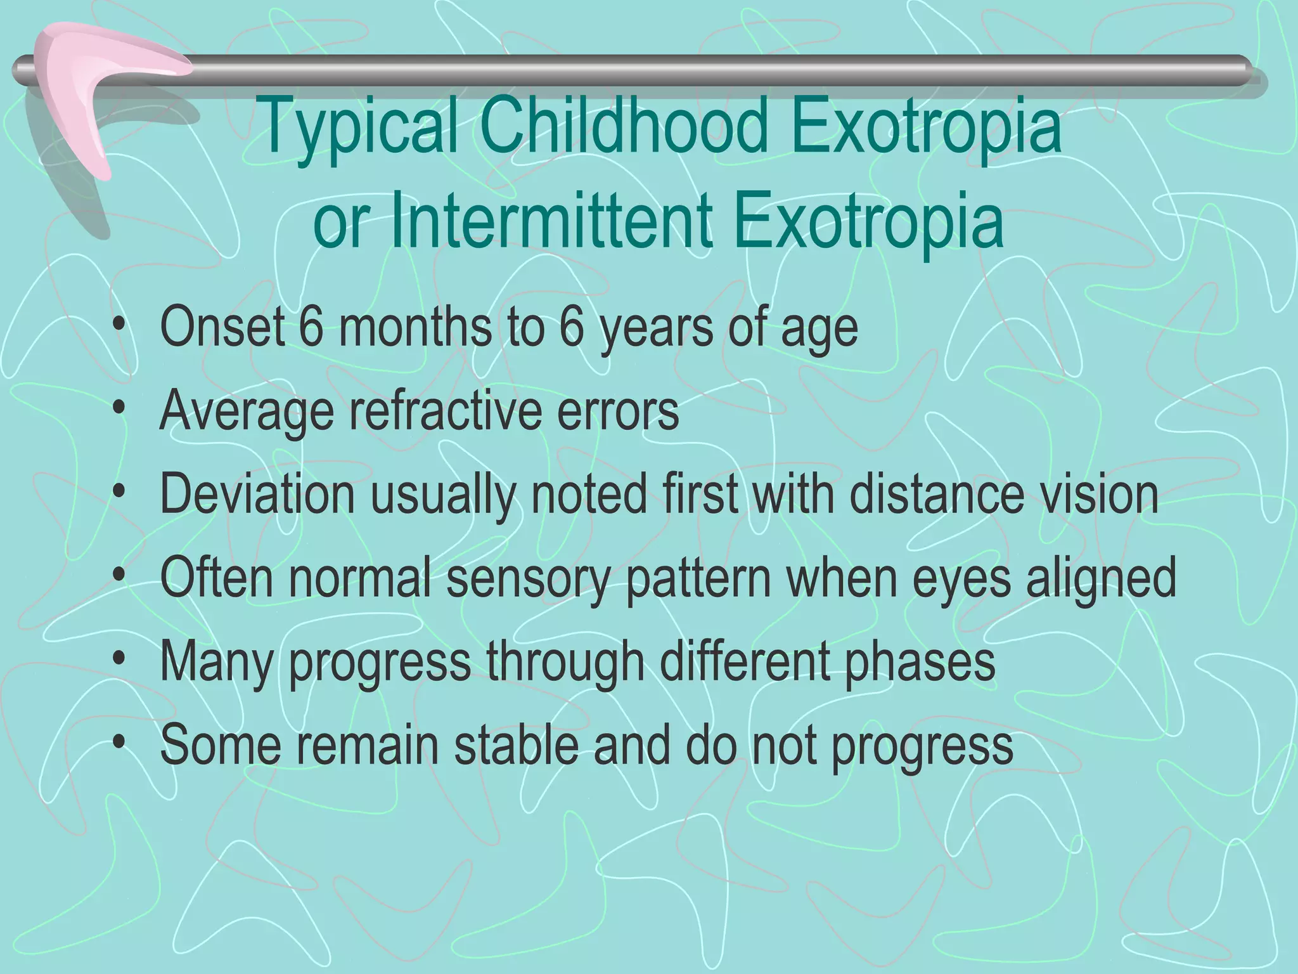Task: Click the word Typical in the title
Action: click(358, 127)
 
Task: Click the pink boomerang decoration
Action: click(95, 89)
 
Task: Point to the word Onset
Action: click(222, 327)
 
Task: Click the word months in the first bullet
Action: click(414, 327)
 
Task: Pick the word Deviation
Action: click(257, 494)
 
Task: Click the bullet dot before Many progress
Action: click(119, 660)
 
